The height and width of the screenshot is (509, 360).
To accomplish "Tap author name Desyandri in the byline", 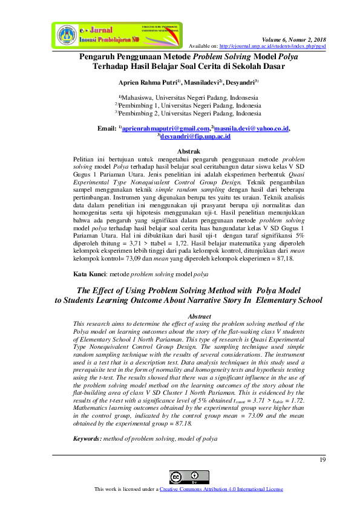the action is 239,82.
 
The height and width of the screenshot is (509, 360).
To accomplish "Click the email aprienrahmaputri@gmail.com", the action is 166,128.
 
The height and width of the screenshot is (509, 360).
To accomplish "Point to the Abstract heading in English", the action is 200,316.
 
